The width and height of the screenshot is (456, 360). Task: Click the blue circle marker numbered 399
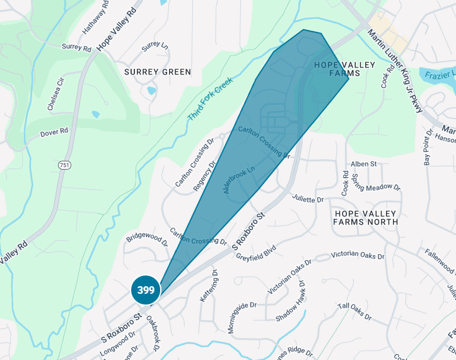coord(146,291)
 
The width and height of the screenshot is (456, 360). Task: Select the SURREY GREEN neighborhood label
coord(158,72)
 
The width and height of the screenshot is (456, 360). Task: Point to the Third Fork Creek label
coord(210,99)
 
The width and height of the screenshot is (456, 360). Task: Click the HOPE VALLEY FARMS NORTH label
coord(366,218)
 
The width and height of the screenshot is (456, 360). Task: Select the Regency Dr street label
coord(204,176)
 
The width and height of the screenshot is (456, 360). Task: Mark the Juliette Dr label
coord(308,199)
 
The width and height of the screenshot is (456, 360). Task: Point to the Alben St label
coord(363,164)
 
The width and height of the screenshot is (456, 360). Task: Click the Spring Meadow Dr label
coord(377,181)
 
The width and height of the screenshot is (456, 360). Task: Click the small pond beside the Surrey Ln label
coord(151,91)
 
